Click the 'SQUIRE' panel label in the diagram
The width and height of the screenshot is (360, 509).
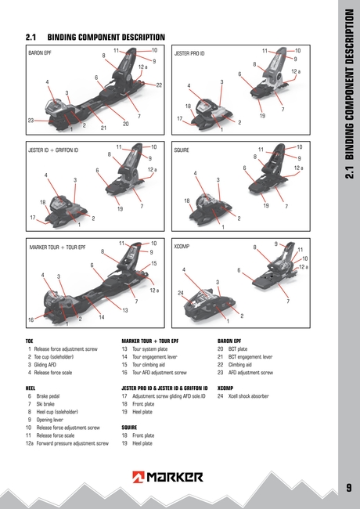click(182, 149)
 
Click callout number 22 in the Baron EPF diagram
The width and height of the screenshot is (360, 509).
click(159, 85)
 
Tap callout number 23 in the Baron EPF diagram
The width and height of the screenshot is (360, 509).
click(31, 121)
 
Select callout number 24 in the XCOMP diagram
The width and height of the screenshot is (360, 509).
click(181, 293)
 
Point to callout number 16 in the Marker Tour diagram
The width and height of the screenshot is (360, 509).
click(31, 320)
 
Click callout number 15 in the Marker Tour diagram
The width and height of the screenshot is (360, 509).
click(154, 264)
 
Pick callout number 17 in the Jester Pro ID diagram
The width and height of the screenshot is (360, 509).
click(180, 119)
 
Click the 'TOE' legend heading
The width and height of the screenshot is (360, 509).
click(30, 342)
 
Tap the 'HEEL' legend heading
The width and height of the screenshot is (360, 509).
click(31, 388)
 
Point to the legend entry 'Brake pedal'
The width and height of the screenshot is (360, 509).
click(49, 396)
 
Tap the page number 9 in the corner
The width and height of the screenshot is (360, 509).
click(347, 489)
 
